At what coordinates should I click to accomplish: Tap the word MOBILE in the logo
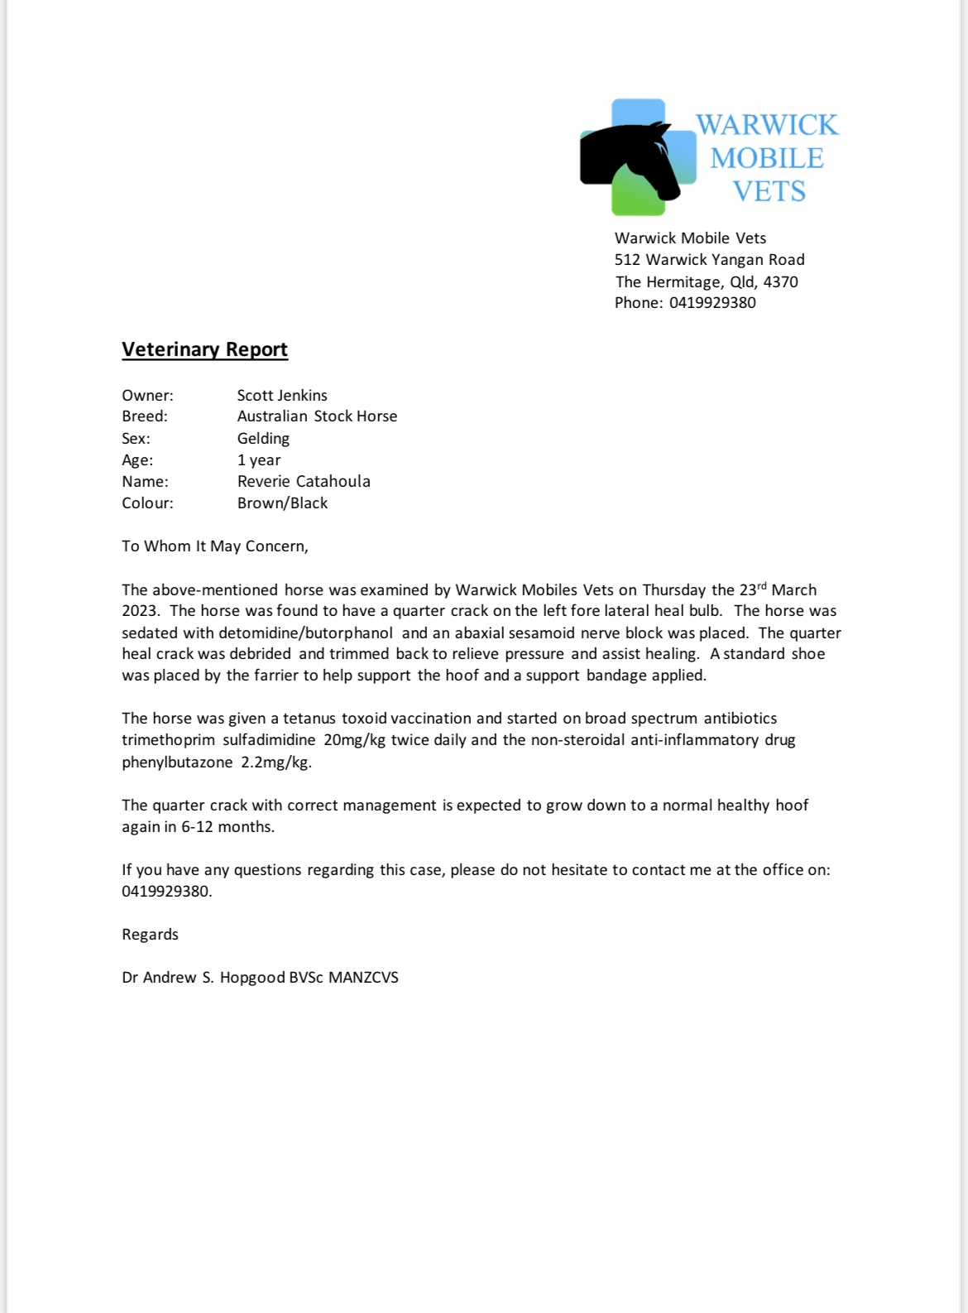click(x=767, y=158)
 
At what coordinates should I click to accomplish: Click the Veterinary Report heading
click(x=204, y=349)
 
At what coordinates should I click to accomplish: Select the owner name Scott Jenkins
click(x=282, y=396)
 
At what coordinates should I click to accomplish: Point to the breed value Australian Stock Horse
click(x=317, y=416)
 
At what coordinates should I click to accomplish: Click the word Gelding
click(x=263, y=439)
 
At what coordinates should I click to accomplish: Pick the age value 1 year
click(x=259, y=460)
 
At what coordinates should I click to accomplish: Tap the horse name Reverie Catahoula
click(x=304, y=482)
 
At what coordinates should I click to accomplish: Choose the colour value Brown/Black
click(x=282, y=503)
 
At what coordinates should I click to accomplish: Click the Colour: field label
click(x=147, y=503)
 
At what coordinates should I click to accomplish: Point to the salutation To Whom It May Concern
click(x=214, y=546)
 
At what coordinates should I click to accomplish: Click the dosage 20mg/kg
click(x=354, y=740)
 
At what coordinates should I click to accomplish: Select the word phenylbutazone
click(x=177, y=762)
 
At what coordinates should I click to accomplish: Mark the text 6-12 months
click(x=228, y=827)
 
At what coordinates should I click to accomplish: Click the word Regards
click(x=150, y=935)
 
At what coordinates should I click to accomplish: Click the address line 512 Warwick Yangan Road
click(x=709, y=260)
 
